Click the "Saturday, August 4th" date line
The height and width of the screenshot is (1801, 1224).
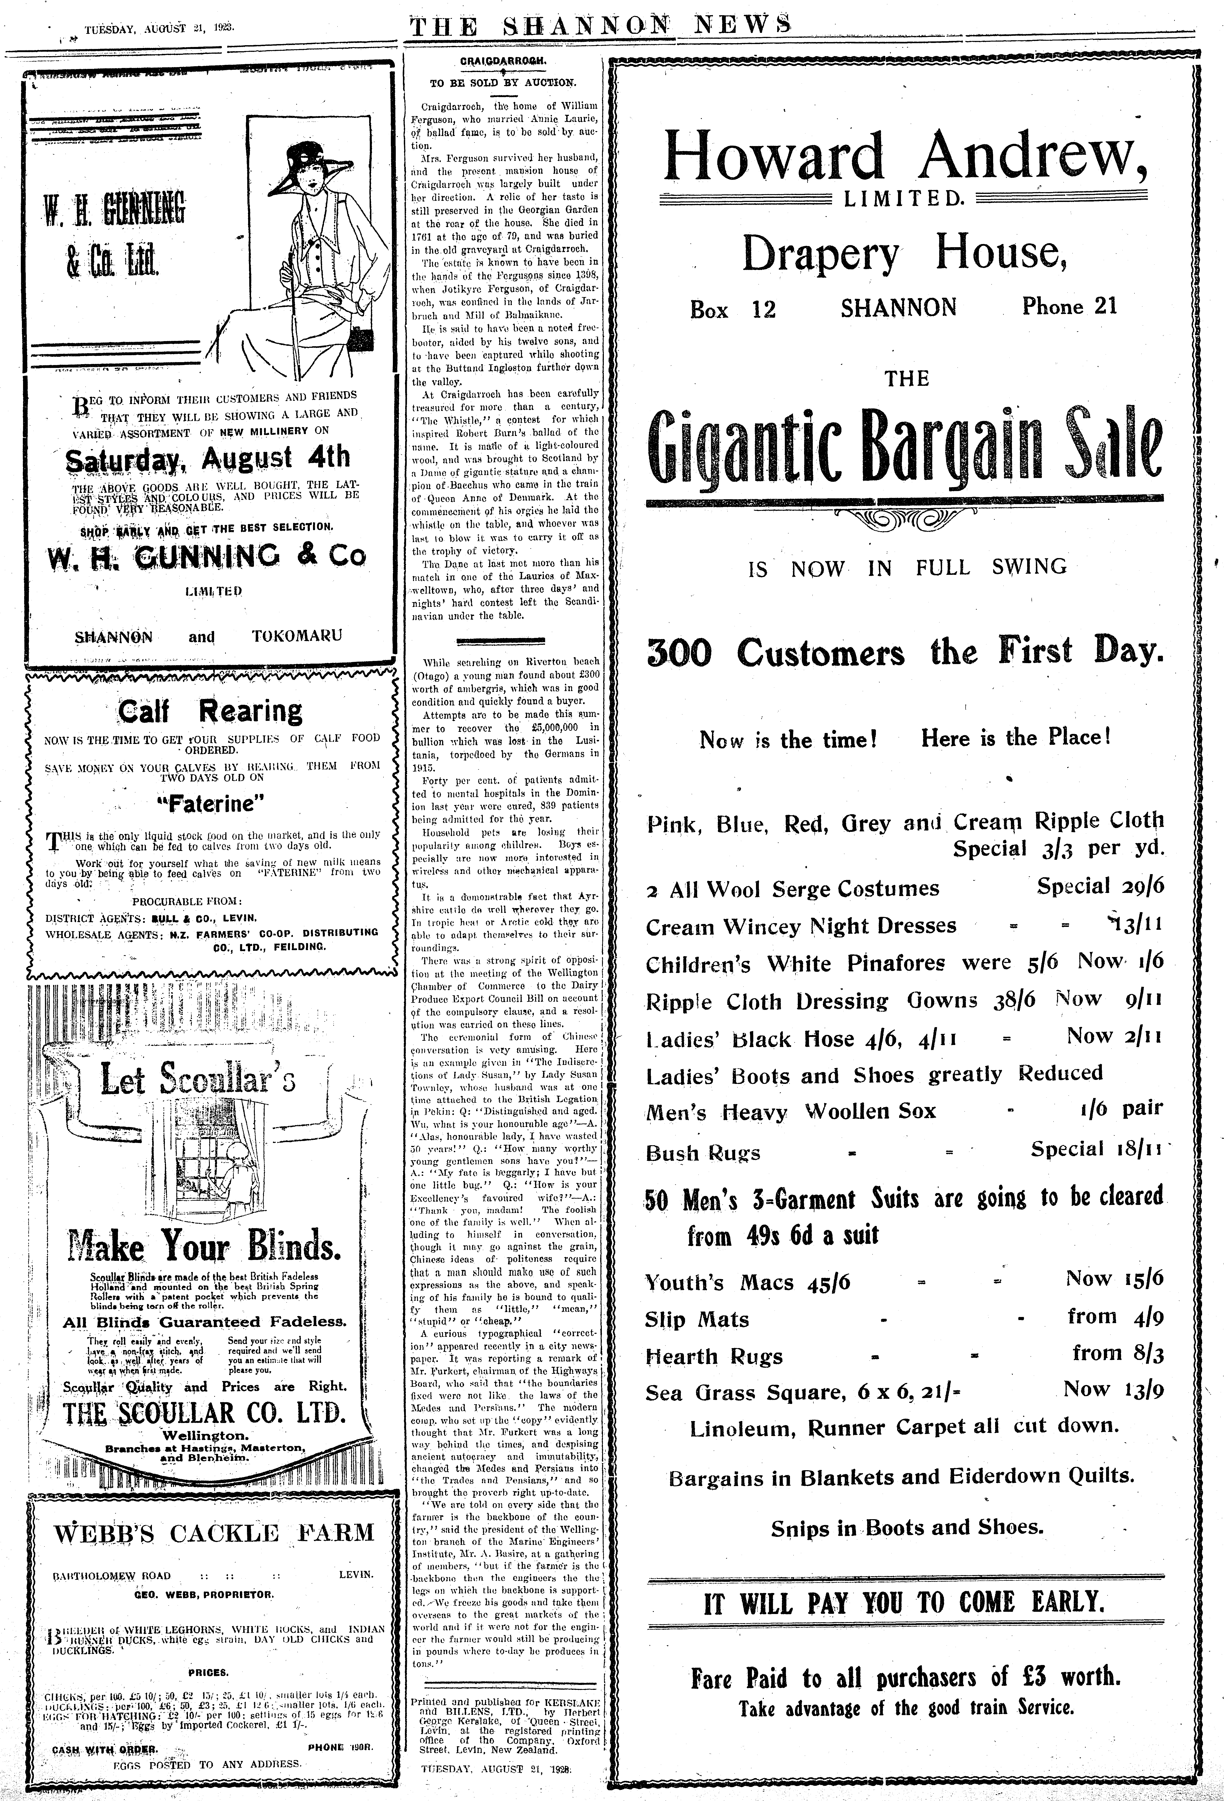point(208,458)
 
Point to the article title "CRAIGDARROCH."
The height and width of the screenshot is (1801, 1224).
point(503,60)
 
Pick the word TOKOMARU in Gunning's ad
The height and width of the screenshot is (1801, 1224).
point(296,636)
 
